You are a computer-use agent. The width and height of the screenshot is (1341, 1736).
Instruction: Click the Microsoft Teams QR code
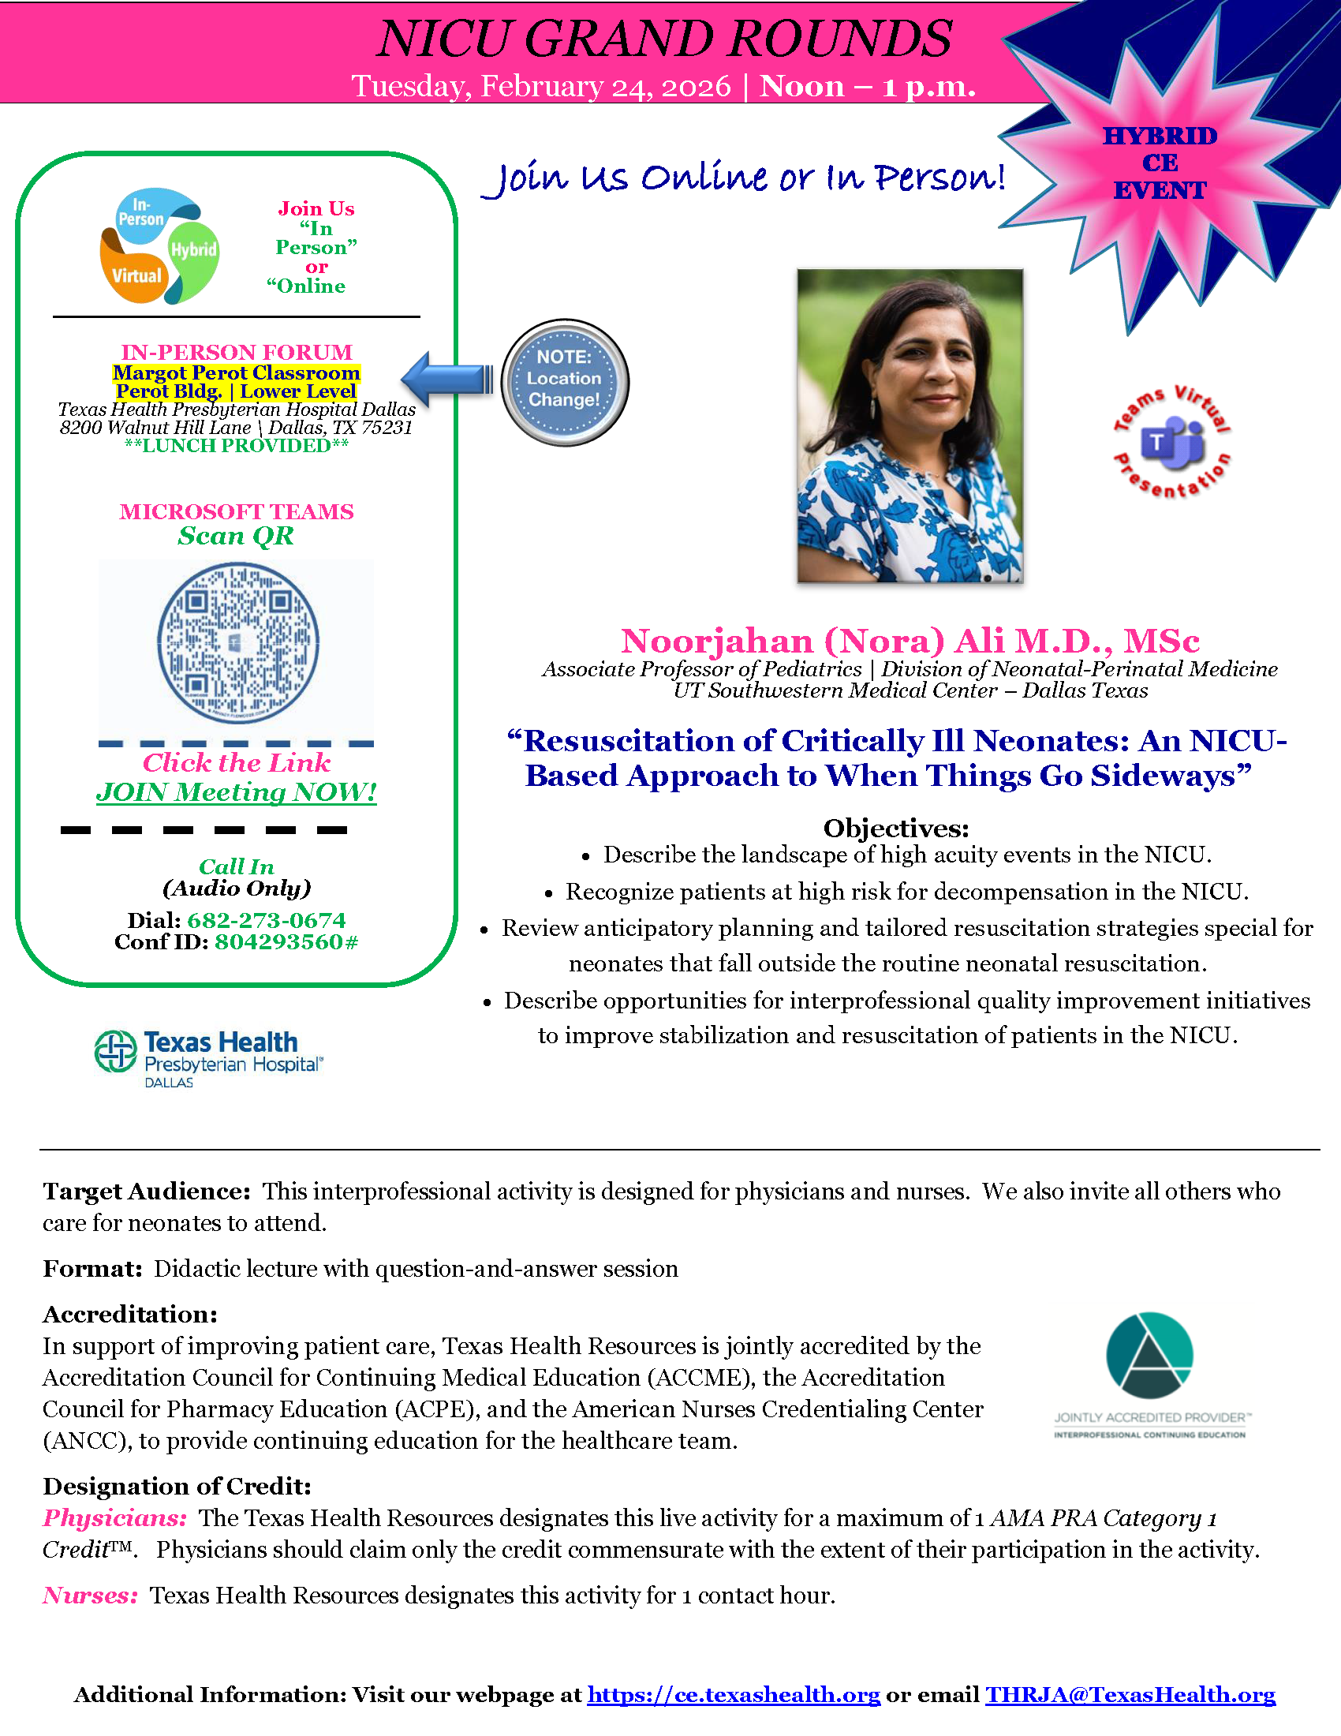(x=237, y=642)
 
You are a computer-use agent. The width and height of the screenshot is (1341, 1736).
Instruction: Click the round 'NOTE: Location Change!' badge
(x=565, y=382)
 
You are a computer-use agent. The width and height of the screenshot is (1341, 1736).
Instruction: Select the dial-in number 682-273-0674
(x=266, y=919)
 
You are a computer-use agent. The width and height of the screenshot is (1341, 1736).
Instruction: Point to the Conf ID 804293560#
(x=286, y=941)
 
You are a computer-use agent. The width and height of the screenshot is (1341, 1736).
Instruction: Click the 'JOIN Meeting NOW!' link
(x=236, y=791)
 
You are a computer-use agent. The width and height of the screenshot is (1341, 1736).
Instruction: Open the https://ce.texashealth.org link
(x=734, y=1694)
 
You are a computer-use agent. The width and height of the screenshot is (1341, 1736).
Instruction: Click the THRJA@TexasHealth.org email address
(x=1130, y=1694)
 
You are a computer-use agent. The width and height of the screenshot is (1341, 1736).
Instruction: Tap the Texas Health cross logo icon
(x=115, y=1051)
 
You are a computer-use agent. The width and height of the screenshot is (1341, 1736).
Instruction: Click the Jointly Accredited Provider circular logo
(x=1149, y=1355)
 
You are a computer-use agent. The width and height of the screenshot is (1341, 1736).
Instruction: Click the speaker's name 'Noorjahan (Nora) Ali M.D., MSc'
(x=910, y=641)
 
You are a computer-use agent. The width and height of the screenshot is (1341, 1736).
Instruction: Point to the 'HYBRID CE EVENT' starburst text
(x=1159, y=163)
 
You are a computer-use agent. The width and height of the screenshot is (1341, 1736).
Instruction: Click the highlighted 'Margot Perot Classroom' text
(x=236, y=372)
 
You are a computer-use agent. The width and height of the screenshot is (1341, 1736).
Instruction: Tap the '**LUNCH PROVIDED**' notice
(x=236, y=446)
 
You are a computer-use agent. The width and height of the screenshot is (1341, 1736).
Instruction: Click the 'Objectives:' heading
(x=895, y=828)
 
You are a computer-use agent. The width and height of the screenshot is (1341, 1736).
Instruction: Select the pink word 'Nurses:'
(x=91, y=1595)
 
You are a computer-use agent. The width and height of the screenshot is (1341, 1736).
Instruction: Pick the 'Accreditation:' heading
(x=130, y=1314)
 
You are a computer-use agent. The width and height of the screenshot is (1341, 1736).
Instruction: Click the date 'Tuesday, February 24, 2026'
(x=541, y=86)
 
